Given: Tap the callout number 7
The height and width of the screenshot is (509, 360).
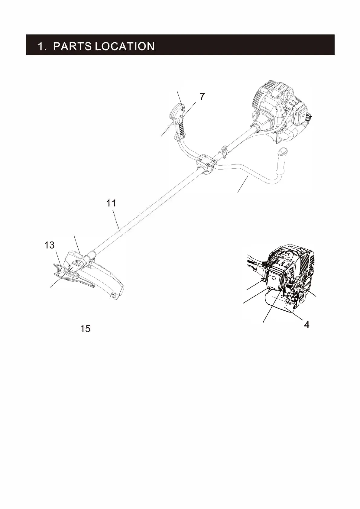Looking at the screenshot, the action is pyautogui.click(x=202, y=96).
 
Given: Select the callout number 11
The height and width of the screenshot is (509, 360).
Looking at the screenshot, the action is pyautogui.click(x=111, y=203).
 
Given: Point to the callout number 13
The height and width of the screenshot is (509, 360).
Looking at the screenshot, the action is pyautogui.click(x=50, y=245).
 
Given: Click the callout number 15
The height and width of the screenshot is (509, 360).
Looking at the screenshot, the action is pyautogui.click(x=85, y=329).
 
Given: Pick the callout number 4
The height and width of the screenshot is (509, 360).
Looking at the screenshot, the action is pyautogui.click(x=306, y=325).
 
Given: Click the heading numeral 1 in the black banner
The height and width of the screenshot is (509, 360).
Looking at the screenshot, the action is pyautogui.click(x=41, y=46).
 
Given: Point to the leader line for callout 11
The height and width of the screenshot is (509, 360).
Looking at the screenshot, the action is pyautogui.click(x=115, y=219).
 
